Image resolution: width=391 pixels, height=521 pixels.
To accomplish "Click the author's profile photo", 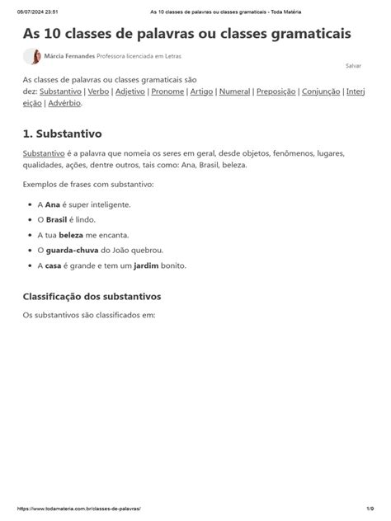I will (x=33, y=56).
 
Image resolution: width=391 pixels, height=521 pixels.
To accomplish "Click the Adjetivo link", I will (x=130, y=92).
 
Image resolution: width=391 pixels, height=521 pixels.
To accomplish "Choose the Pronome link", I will (x=167, y=92).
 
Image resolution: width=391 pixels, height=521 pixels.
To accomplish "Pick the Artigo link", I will (x=202, y=92).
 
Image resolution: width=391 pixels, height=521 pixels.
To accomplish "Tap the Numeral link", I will (x=235, y=92).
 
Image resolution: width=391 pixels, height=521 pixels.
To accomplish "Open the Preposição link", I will (x=276, y=92).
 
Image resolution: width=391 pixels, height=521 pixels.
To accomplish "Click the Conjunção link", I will (x=322, y=92).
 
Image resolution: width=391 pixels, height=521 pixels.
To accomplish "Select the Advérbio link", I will (x=64, y=103).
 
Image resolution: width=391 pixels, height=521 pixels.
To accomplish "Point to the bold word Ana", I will (x=54, y=204).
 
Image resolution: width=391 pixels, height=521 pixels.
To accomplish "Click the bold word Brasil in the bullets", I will (x=56, y=219).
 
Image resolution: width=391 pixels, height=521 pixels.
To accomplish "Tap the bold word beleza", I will (x=71, y=235).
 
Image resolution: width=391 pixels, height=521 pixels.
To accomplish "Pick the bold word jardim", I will (x=145, y=265).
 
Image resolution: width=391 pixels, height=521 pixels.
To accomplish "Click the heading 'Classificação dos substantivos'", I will (x=92, y=295).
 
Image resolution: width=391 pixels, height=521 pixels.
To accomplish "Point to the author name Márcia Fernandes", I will (x=69, y=56).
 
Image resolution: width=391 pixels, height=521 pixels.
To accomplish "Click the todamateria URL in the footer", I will (x=77, y=510).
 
